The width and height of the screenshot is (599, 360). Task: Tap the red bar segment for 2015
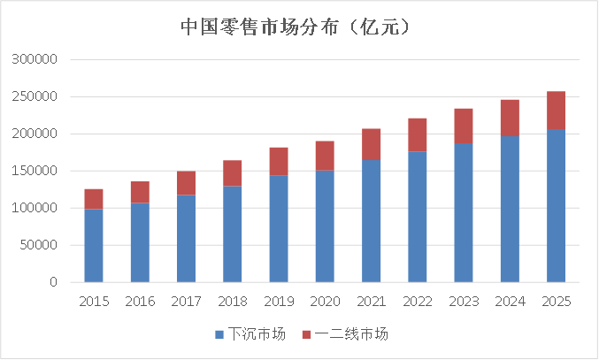pyautogui.click(x=94, y=199)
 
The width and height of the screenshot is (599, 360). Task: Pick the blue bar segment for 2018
pyautogui.click(x=232, y=234)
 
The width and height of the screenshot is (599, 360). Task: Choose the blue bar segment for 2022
pyautogui.click(x=417, y=217)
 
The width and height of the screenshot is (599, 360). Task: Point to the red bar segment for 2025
pyautogui.click(x=556, y=110)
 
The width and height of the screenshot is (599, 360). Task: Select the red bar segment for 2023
pyautogui.click(x=463, y=126)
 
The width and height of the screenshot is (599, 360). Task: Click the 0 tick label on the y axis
pyautogui.click(x=54, y=282)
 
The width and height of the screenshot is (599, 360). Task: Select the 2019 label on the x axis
pyautogui.click(x=279, y=302)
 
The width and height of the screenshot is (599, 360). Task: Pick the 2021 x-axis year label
pyautogui.click(x=371, y=302)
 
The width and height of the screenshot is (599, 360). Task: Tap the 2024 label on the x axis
pyautogui.click(x=510, y=302)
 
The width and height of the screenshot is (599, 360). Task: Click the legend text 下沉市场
pyautogui.click(x=257, y=334)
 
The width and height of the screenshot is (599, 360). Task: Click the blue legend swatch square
pyautogui.click(x=219, y=335)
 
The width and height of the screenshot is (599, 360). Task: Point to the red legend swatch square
pyautogui.click(x=307, y=335)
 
